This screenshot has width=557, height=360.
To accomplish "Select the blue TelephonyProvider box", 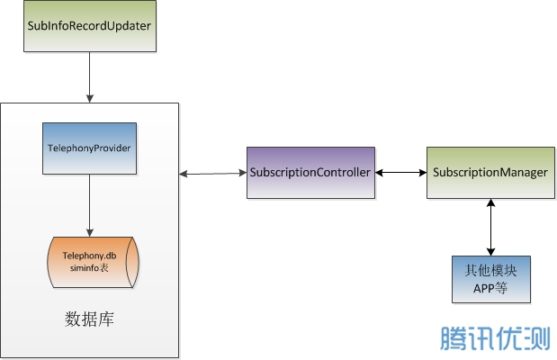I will coord(89,147).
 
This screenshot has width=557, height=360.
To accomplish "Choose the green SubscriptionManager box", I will coord(490,172).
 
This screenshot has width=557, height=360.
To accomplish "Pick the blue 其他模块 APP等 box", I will coord(490,278).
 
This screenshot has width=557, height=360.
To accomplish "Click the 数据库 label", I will coord(89,319).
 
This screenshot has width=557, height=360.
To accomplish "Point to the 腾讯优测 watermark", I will coord(494,338).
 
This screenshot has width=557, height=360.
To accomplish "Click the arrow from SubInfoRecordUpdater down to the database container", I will coord(88,76).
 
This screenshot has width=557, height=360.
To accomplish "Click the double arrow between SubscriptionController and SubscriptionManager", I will coord(399,172).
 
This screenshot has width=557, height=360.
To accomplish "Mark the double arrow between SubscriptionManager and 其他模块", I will coord(490,228).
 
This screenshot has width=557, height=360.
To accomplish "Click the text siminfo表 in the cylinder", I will coord(89,268).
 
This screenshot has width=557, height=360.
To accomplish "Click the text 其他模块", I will coord(490,270).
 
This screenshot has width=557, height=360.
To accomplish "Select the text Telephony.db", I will coord(89,256).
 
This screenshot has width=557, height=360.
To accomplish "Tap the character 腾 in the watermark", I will coord(453,338).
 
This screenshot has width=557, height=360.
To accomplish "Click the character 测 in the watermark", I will coord(536,338).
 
